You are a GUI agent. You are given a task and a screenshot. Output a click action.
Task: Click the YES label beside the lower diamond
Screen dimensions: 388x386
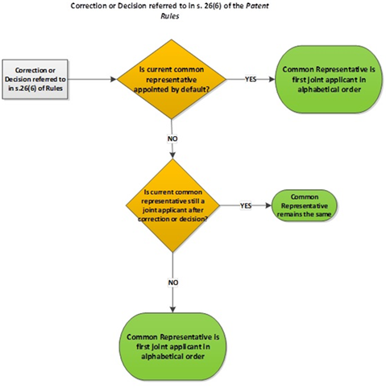(246, 206)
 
